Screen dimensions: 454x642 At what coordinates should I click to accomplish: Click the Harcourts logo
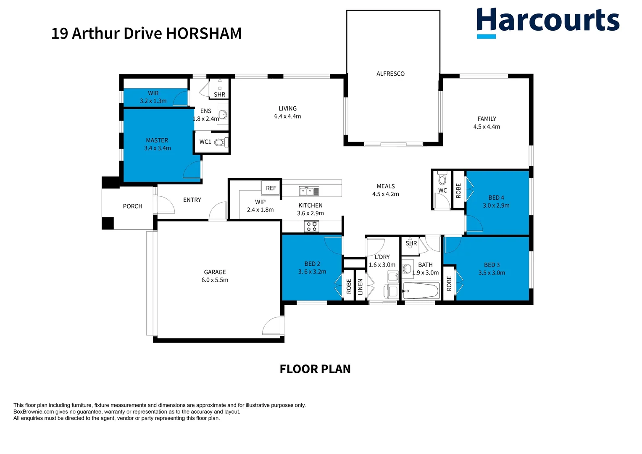[547, 22]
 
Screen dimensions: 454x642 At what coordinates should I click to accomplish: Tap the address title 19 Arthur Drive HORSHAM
[146, 34]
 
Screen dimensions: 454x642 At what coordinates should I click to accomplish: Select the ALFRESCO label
[390, 74]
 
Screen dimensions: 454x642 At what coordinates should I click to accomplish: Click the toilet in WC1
[219, 143]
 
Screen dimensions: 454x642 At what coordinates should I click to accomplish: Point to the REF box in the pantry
[271, 188]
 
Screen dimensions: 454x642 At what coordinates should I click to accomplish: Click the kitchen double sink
[309, 192]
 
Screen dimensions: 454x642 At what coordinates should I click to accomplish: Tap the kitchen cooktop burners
[312, 227]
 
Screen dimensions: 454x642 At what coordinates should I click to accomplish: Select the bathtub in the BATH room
[421, 290]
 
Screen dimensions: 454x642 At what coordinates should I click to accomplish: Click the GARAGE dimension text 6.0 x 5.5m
[215, 280]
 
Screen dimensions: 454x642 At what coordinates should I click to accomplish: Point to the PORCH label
[132, 206]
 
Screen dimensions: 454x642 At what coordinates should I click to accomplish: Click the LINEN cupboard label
[360, 287]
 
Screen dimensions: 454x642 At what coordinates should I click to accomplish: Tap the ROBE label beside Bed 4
[458, 190]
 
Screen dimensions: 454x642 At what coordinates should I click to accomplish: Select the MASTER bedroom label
[157, 140]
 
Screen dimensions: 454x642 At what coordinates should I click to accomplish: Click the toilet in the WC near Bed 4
[442, 179]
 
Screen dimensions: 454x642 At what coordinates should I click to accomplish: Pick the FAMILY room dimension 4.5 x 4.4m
[487, 127]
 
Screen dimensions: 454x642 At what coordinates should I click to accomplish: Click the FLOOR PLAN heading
[315, 369]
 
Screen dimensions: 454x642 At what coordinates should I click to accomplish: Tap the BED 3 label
[492, 265]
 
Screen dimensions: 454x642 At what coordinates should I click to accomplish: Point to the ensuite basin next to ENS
[224, 115]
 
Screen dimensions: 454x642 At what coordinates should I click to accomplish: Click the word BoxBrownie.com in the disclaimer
[34, 412]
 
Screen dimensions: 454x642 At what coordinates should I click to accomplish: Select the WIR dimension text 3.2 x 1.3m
[153, 101]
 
